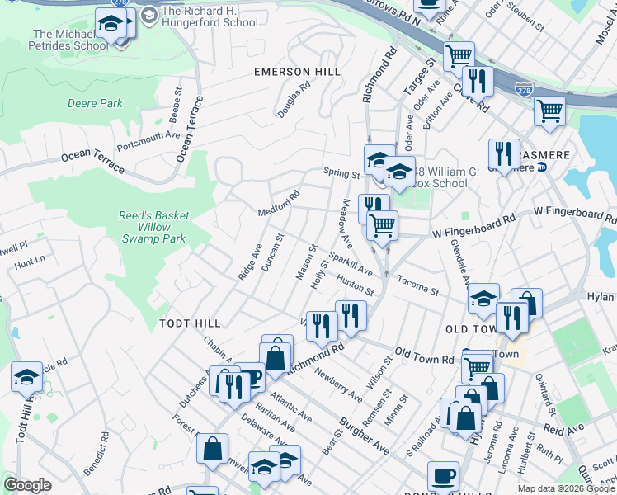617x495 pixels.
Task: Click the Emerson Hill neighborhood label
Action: click(297, 73)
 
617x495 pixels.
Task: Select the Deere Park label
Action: click(95, 104)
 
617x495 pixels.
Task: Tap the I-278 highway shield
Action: click(523, 88)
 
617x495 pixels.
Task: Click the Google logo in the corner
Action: click(27, 485)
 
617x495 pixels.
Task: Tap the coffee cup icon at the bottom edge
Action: click(444, 475)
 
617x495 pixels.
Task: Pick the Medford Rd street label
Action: click(278, 203)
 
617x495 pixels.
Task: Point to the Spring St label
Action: click(341, 175)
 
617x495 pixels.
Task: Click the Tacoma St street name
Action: click(417, 286)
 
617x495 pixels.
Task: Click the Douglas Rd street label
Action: click(293, 98)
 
